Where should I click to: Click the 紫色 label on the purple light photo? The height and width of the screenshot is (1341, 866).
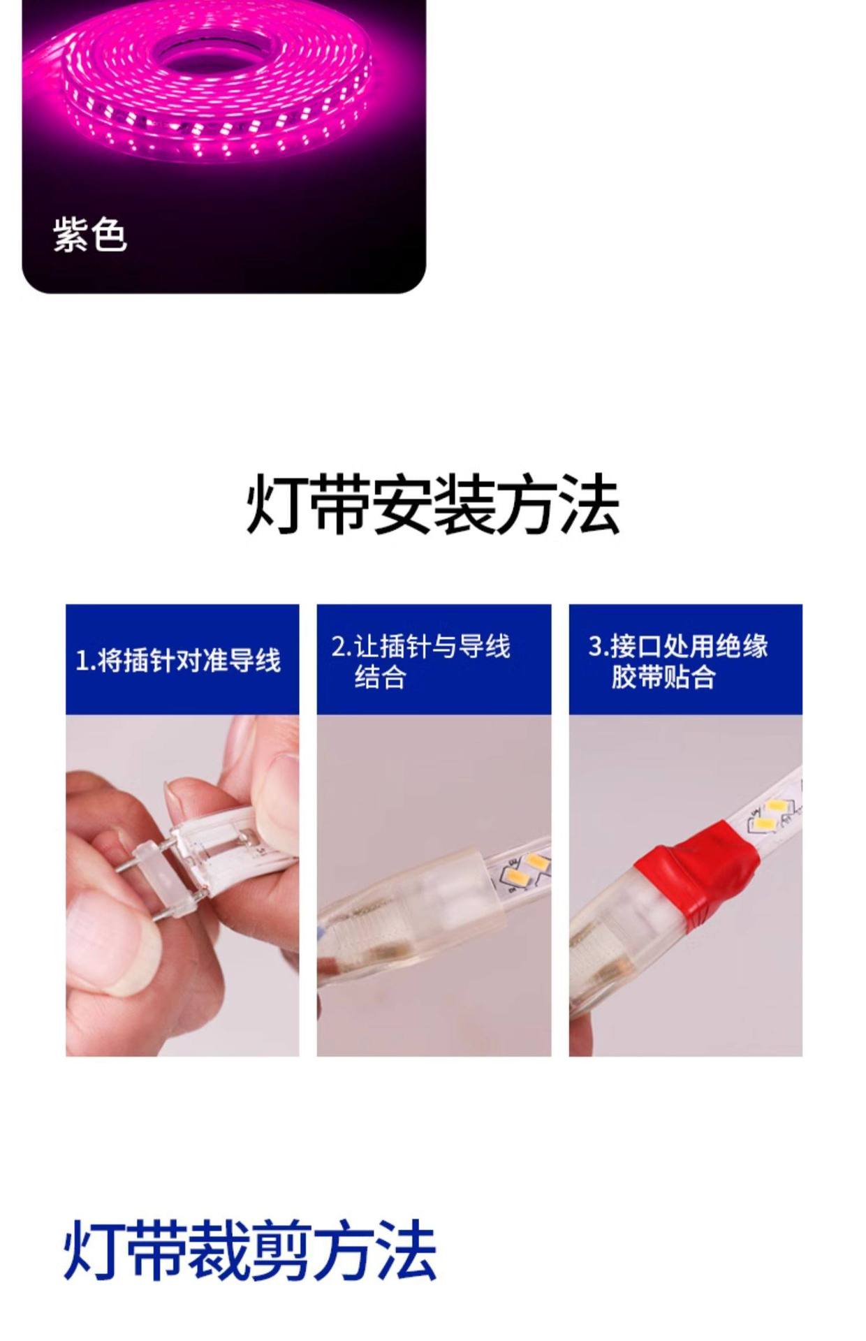click(x=90, y=234)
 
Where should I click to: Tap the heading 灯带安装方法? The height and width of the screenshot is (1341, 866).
click(x=433, y=504)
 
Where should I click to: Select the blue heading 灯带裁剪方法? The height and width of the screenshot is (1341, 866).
click(x=249, y=1250)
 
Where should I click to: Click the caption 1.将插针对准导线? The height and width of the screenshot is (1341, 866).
click(x=178, y=660)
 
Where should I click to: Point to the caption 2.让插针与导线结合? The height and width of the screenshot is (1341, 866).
click(x=420, y=661)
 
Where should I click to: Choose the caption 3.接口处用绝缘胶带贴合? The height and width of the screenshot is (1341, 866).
click(x=677, y=661)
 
